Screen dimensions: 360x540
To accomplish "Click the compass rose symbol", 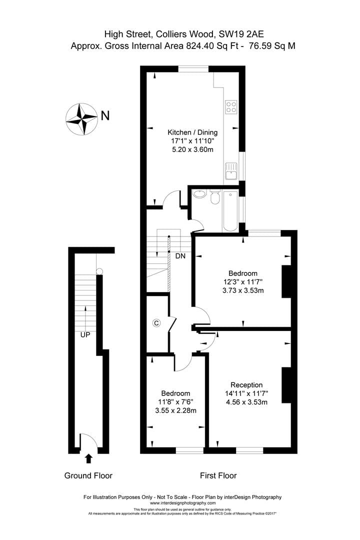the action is tap(81, 119).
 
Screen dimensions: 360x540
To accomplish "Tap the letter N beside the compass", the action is tap(105, 115).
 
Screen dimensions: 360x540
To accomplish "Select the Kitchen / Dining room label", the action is tap(192, 132).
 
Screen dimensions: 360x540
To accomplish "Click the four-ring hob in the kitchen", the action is tap(231, 106).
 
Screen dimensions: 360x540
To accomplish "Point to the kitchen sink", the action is tap(231, 171).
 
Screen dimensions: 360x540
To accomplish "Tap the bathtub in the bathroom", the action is tap(230, 211).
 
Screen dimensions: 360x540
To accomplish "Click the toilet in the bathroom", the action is tap(215, 196).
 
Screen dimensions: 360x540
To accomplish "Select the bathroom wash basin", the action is tap(199, 194).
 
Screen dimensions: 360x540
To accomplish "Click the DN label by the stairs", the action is tap(180, 256).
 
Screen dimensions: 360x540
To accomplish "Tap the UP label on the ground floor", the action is tap(85, 334).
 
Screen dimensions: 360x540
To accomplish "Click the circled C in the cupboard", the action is tap(156, 323).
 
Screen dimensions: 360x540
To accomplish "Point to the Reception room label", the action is tap(246, 385).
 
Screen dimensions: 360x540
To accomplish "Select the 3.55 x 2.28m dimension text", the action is tap(175, 410).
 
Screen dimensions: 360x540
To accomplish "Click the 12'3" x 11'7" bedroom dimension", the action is tap(243, 281).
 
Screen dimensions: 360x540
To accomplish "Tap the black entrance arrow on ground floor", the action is tap(89, 458).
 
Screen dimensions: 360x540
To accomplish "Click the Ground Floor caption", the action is tap(88, 475).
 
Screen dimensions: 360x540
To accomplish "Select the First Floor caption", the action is tap(218, 475).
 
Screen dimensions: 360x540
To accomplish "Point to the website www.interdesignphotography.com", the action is tap(182, 503).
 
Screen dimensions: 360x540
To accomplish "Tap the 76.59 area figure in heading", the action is tap(260, 46).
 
